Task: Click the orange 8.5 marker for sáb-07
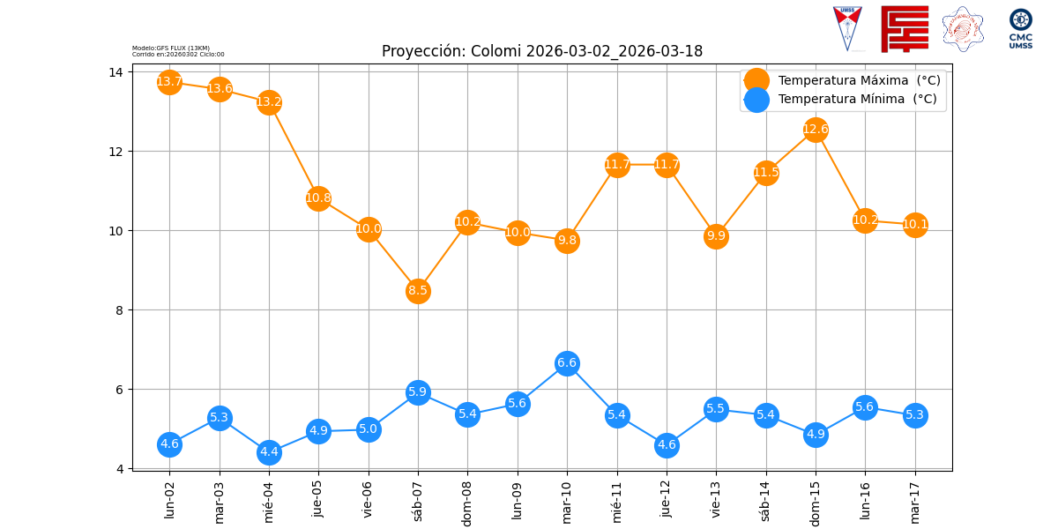click(x=418, y=290)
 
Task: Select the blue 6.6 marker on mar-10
click(x=567, y=363)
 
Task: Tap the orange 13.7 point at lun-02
click(x=169, y=82)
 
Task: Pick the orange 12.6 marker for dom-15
click(x=816, y=130)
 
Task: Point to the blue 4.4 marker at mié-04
click(x=269, y=452)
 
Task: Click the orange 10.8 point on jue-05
click(x=318, y=197)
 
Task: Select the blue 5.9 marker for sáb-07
click(x=418, y=391)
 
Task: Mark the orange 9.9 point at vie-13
click(x=716, y=235)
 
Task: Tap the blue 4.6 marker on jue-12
click(x=667, y=445)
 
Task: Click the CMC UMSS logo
click(x=1021, y=28)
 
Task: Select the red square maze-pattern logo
click(x=905, y=29)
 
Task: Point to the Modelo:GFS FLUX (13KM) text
click(x=171, y=48)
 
